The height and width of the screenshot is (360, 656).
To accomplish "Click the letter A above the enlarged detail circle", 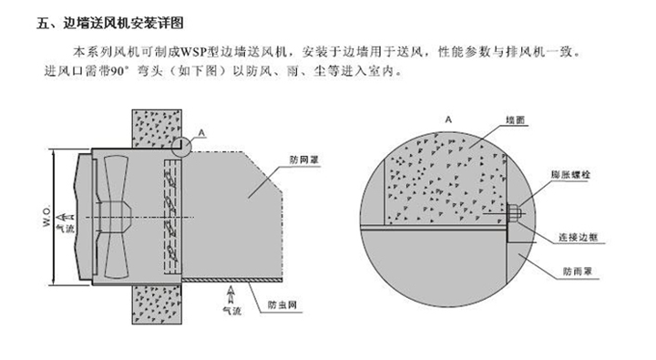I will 448,119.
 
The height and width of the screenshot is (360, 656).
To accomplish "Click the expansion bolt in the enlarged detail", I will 513,216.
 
